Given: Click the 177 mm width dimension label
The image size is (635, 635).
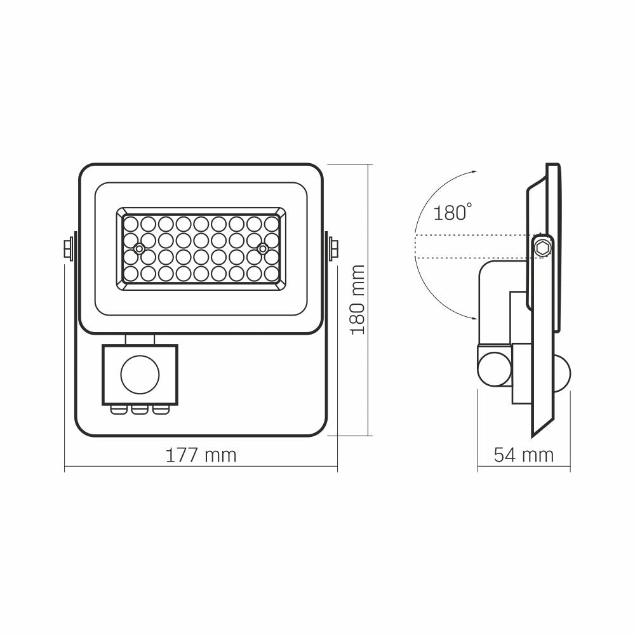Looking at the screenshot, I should pos(201,455).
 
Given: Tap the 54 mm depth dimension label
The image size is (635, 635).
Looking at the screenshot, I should pos(523,455).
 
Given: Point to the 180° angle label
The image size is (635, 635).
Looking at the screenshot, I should pos(452,212).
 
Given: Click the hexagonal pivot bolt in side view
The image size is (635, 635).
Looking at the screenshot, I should pos(542,247).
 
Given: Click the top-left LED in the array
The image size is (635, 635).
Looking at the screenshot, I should pos(131,224).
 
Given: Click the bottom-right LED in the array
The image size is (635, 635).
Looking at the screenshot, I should pos(272,273).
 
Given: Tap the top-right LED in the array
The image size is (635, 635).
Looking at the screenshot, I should pos(272,224).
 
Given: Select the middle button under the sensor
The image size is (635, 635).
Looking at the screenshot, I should pos(139,409).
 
